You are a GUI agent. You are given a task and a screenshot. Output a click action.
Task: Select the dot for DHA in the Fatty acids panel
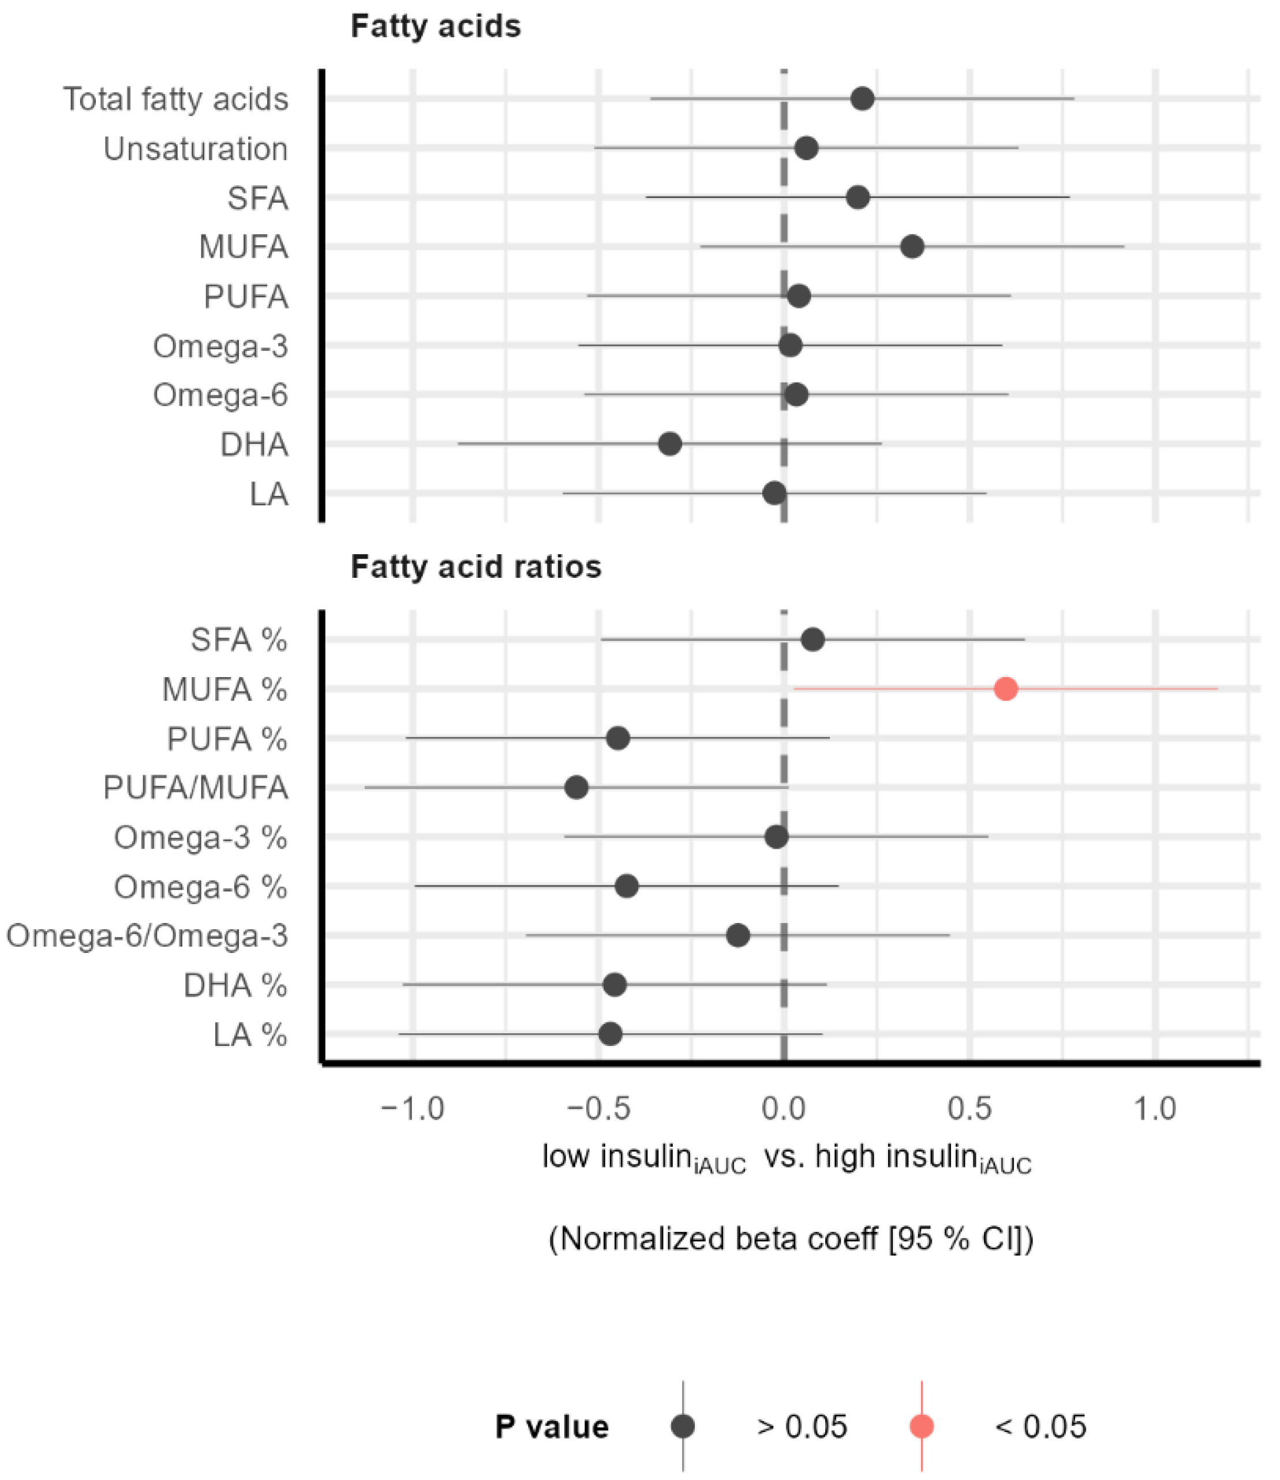[669, 444]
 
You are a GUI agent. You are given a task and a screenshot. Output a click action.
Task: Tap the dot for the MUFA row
[912, 247]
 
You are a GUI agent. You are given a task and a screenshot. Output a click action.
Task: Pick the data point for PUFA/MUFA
[576, 788]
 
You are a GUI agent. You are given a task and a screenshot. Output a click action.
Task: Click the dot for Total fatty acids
[862, 99]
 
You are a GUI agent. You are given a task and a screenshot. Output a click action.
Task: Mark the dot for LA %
[610, 1034]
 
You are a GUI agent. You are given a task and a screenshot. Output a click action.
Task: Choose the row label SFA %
[238, 640]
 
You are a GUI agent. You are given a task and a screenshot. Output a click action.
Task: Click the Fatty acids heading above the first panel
[436, 27]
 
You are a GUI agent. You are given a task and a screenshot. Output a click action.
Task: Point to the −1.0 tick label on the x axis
[412, 1109]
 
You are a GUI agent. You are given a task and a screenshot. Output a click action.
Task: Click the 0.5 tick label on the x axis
[970, 1109]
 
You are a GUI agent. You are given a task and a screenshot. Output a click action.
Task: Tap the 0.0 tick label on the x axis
[784, 1109]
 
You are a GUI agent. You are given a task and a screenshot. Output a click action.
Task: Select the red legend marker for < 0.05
[922, 1426]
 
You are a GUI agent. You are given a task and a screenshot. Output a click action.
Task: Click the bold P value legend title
[552, 1427]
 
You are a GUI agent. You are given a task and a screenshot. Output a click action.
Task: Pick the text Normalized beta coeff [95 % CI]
[791, 1239]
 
